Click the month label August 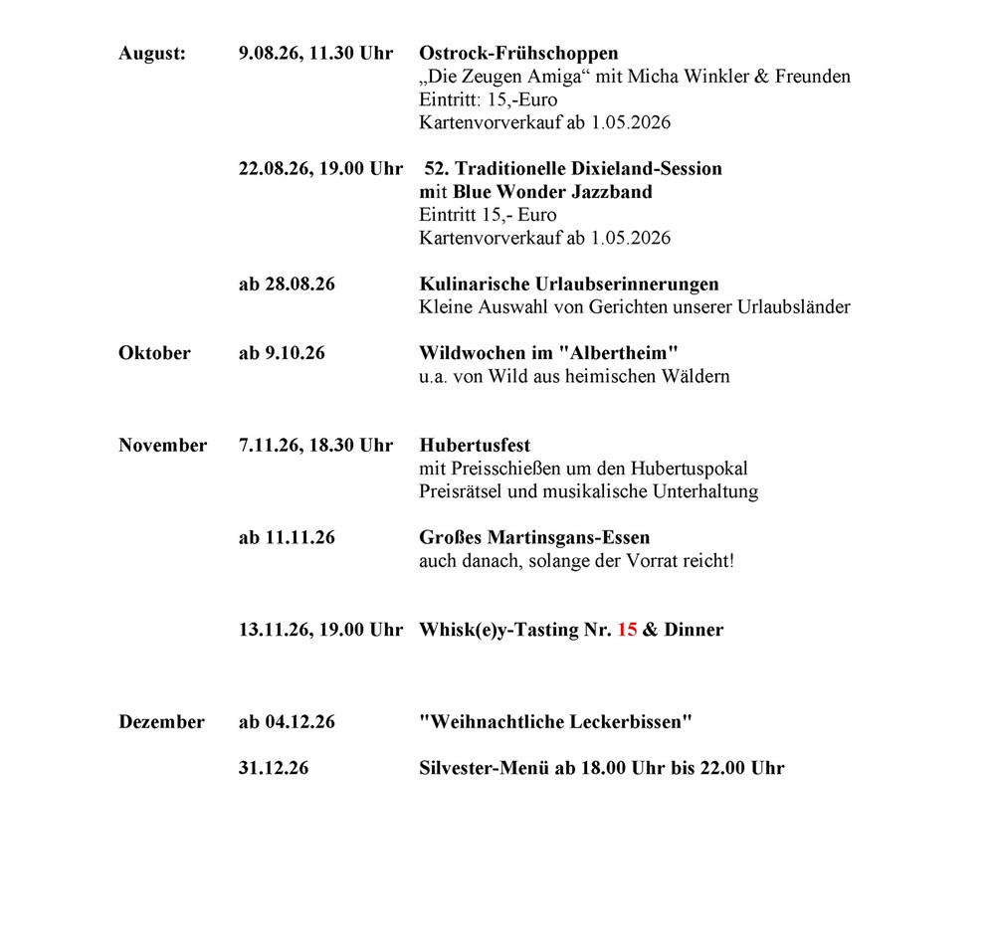point(152,53)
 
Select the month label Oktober point(154,353)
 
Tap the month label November point(162,446)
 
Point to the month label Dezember point(161,722)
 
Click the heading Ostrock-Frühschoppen point(518,53)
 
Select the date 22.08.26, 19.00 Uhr point(320,169)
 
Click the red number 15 point(627,630)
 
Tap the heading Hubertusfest point(475,446)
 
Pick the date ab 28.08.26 point(287,285)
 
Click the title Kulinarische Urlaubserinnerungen point(568,285)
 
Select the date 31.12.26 point(274,768)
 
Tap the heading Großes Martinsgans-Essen point(534,538)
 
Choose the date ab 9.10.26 point(282,353)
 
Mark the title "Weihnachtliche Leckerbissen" point(555,722)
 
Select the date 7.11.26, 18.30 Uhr point(315,446)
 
